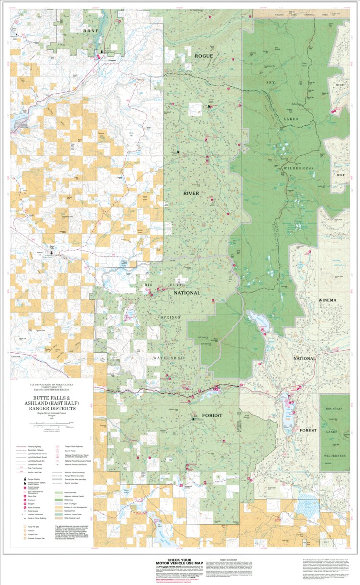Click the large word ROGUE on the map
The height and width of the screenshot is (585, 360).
[203, 56]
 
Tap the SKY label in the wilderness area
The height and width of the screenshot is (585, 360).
[271, 83]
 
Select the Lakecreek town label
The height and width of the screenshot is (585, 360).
[17, 357]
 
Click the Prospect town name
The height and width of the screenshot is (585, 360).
[111, 61]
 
